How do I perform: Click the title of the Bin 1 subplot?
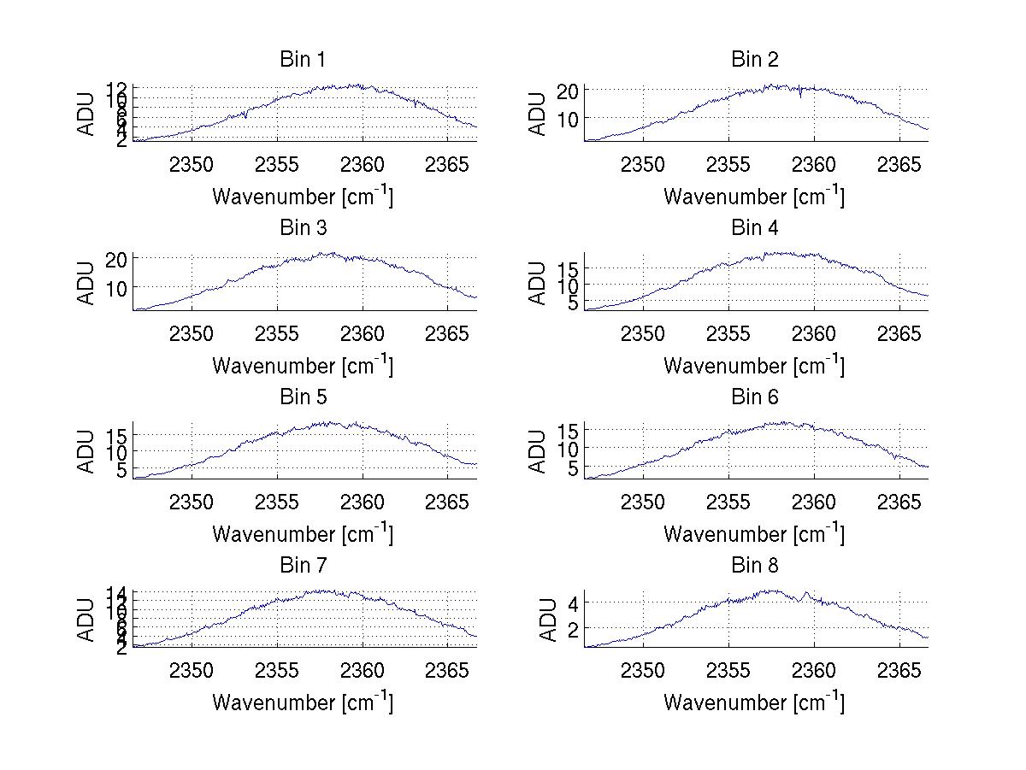point(302,60)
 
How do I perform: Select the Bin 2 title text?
point(754,60)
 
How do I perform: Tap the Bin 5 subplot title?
point(302,397)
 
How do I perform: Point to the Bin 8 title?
point(754,566)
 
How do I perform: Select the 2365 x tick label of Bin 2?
point(899,164)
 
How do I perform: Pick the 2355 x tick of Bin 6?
point(728,502)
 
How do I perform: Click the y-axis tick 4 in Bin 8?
point(573,603)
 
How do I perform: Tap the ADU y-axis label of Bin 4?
point(538,284)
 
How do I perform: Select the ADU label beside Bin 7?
point(86,620)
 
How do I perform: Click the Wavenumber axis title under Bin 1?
point(302,197)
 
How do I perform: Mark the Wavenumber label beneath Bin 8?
point(754,702)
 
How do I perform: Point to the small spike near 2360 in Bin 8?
point(807,592)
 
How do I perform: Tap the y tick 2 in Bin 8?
point(573,628)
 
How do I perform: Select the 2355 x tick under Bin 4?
point(728,332)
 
